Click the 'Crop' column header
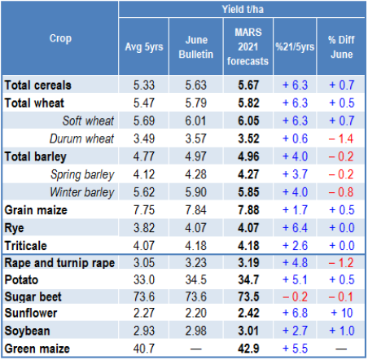coord(60,39)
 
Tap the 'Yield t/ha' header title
coord(243,10)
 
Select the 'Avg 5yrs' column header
coord(144,47)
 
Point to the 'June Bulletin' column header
coord(196,47)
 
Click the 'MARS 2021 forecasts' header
coord(248,46)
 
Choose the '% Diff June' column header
coord(341,47)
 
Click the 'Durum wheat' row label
coord(81,138)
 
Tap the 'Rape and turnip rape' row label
coord(59,263)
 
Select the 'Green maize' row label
coord(37,349)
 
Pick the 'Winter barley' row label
coord(82,192)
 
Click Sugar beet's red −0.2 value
coord(295,296)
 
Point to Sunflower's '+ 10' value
coord(342,313)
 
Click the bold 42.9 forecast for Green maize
coord(248,349)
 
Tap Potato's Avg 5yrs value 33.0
coord(144,280)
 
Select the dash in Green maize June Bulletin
coord(196,349)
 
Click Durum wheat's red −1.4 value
coord(341,138)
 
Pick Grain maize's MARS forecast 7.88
coord(248,210)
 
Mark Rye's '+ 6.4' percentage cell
coord(295,228)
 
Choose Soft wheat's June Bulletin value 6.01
coord(196,121)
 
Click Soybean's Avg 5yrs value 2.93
coord(144,331)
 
